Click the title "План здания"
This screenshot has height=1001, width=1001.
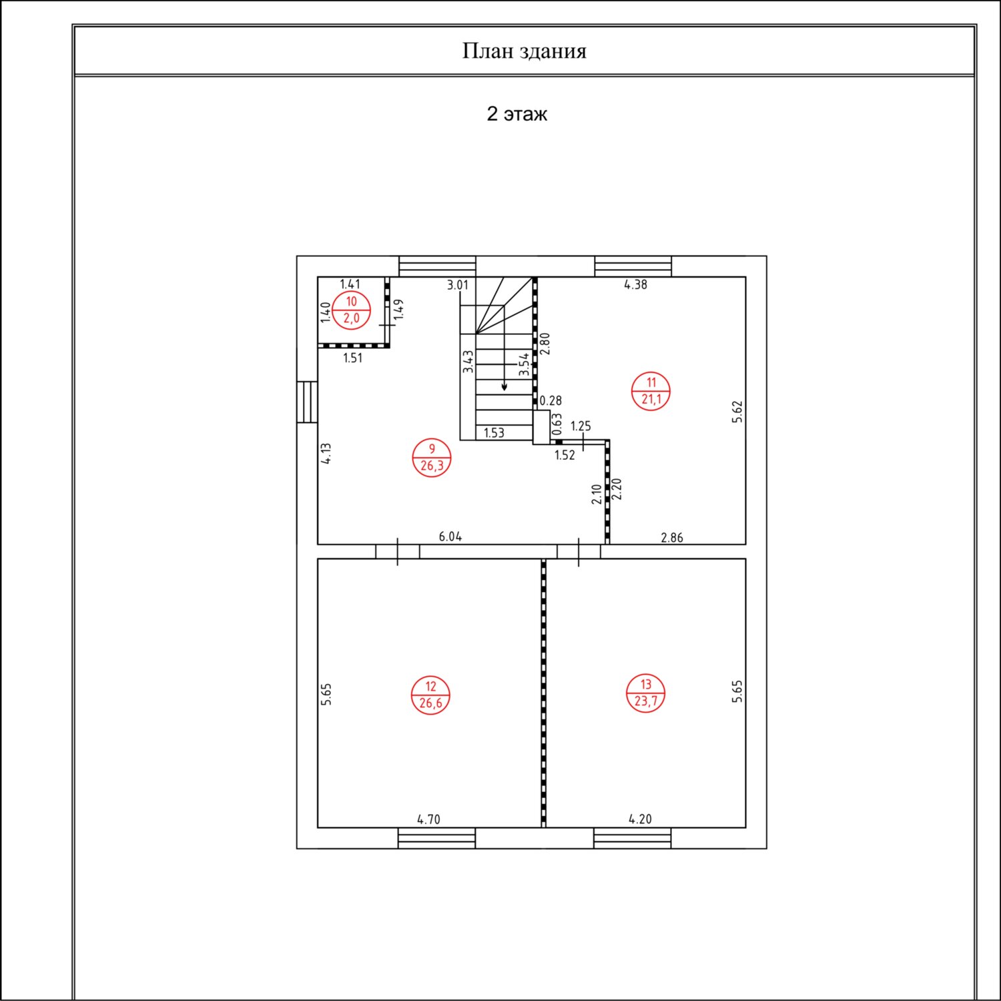coord(524,51)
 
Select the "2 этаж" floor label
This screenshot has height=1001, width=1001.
coord(517,113)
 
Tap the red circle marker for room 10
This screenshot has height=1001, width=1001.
coord(351,310)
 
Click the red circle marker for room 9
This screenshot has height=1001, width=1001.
coord(432,458)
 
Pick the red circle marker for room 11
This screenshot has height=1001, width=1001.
coord(651,391)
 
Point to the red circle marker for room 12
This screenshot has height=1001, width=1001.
coord(430,695)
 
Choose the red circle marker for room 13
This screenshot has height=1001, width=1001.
coord(646,693)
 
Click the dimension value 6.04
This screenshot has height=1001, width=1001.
coord(450,537)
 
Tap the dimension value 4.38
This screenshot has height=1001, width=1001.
coord(635,284)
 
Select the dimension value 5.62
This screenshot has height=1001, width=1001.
coord(737,412)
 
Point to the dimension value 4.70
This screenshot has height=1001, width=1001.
coord(428,819)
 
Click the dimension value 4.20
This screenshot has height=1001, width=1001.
coord(640,819)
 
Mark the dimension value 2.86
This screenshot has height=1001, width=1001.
coord(672,537)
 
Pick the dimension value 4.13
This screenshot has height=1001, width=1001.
coord(326,454)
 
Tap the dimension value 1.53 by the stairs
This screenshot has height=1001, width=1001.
coord(494,433)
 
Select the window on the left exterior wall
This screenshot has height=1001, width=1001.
coord(308,402)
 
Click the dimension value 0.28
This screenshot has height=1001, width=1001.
coord(551,400)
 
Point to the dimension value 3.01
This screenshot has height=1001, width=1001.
coord(458,285)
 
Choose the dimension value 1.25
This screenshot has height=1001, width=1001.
coord(581,426)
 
